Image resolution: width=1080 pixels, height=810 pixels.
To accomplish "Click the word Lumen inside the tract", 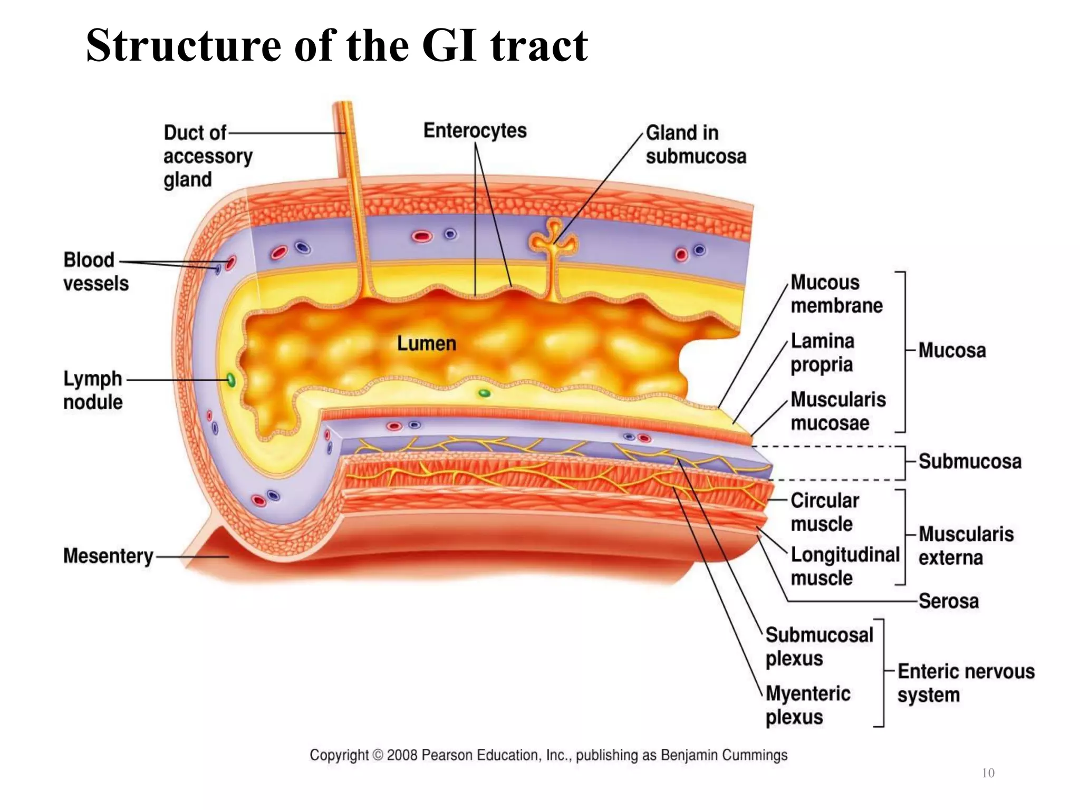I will [426, 344].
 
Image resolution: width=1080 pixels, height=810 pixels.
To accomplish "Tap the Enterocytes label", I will [475, 131].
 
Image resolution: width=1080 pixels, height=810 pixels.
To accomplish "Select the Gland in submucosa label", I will [695, 144].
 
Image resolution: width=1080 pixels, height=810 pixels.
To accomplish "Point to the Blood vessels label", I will [95, 272].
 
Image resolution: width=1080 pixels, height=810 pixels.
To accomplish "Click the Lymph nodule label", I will [93, 390].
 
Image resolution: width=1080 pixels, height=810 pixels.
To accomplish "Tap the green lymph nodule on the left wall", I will [230, 380].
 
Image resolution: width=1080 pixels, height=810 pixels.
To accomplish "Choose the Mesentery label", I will [108, 556].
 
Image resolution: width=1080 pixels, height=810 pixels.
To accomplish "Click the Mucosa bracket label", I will [951, 351].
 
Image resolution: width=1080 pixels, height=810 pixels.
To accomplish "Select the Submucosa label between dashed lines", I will [969, 461].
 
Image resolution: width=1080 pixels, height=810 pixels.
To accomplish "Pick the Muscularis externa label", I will [965, 546].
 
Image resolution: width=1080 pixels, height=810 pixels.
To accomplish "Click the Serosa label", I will [948, 601].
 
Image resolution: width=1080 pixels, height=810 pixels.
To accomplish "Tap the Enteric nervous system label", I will [965, 683].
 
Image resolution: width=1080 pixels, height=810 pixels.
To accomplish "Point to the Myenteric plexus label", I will [807, 705].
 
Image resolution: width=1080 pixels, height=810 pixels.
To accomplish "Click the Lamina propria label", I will [822, 353].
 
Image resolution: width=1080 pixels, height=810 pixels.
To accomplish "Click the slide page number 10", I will [988, 773].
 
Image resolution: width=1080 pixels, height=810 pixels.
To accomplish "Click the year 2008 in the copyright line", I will [402, 755].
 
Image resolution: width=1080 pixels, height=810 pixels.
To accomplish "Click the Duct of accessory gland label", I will [207, 156].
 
